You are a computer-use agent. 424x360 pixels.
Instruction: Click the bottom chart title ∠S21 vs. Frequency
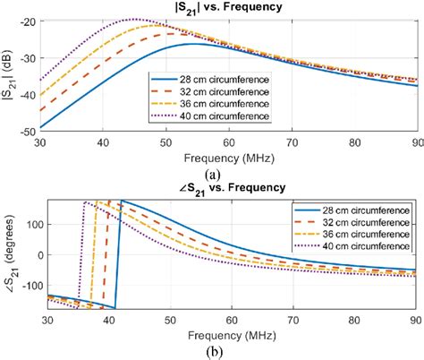(226, 188)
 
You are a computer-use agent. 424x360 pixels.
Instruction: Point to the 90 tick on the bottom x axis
(412, 320)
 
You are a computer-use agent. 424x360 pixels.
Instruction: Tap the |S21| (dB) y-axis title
(8, 75)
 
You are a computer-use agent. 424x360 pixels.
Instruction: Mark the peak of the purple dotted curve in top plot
(133, 19)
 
